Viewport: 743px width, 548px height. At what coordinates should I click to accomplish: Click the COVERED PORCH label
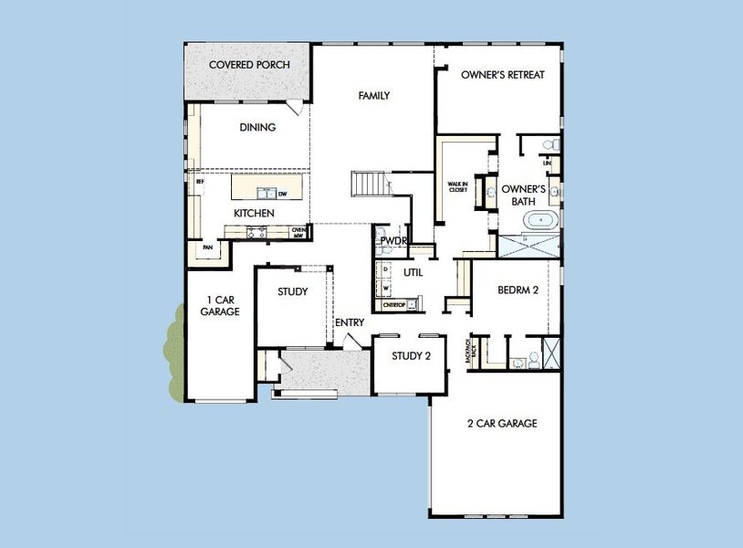click(249, 65)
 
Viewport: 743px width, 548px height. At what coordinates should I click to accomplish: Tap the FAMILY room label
click(374, 96)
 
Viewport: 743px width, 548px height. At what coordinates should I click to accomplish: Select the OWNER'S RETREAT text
click(502, 75)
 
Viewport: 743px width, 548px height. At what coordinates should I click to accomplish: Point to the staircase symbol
click(371, 184)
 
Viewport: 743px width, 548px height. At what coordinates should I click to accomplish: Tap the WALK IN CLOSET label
click(457, 187)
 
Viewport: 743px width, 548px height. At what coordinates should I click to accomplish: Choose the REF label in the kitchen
click(200, 182)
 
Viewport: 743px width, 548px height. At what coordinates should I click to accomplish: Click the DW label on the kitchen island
click(283, 194)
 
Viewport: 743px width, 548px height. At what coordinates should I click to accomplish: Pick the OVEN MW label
click(298, 233)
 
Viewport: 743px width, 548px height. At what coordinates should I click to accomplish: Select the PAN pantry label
click(207, 248)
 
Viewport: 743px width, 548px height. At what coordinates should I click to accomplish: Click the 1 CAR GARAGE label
click(220, 306)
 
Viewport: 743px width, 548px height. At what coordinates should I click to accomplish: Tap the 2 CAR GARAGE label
click(501, 424)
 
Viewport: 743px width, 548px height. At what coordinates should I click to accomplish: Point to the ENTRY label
click(350, 322)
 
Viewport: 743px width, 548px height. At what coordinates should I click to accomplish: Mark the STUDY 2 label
click(411, 356)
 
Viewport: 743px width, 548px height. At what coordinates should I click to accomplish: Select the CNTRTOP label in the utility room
click(395, 304)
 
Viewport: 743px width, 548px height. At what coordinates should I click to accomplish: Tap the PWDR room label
click(393, 241)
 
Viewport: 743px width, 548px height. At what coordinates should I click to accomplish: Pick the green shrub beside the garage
click(173, 354)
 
